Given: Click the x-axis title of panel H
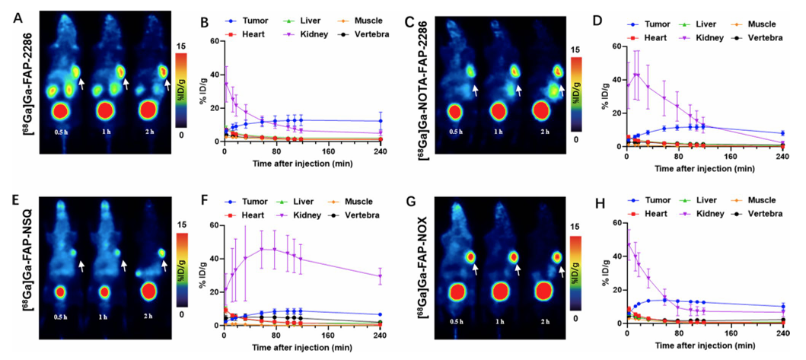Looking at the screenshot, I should (x=703, y=349).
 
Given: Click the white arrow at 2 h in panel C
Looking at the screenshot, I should (x=562, y=89).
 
